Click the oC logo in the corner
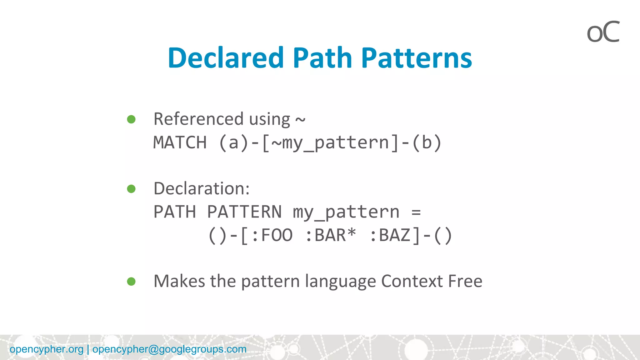603,32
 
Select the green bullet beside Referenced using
131,119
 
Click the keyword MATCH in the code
180,143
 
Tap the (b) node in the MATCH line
427,143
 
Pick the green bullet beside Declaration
131,189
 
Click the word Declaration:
202,188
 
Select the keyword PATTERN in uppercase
244,212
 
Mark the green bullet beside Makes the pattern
131,282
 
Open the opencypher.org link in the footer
47,349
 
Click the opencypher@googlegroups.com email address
169,349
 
